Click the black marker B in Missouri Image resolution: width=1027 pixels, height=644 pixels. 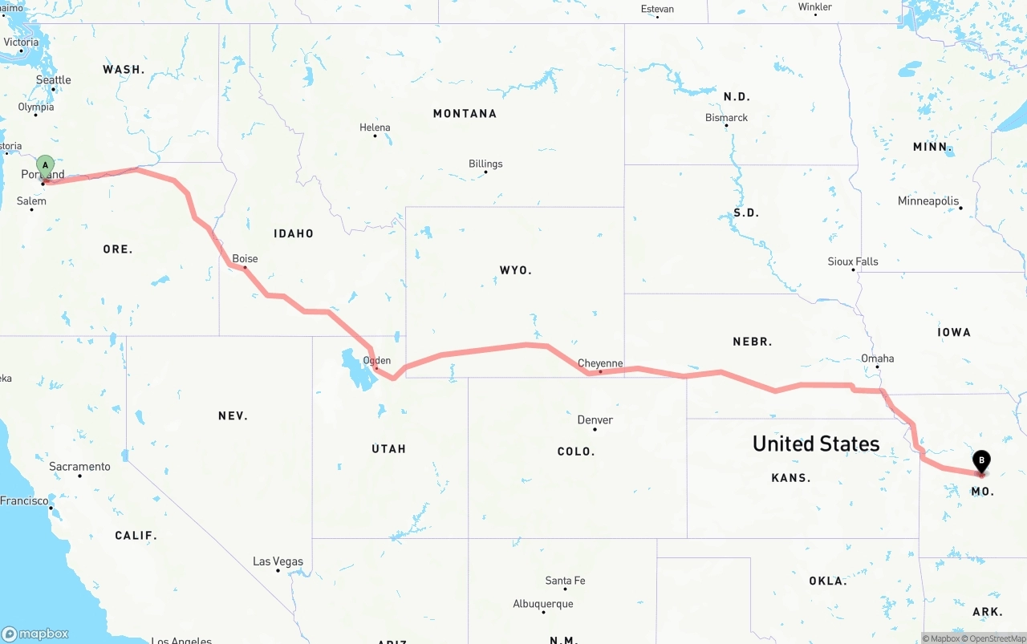(x=980, y=461)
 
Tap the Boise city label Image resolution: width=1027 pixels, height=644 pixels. (x=245, y=258)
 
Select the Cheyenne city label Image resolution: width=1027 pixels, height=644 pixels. (x=600, y=363)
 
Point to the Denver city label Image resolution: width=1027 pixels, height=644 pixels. (x=595, y=419)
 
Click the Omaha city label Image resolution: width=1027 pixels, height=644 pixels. (x=877, y=358)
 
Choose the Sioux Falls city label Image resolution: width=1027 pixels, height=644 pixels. (x=853, y=261)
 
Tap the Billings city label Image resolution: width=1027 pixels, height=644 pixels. (x=485, y=164)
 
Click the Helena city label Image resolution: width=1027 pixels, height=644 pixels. (x=375, y=128)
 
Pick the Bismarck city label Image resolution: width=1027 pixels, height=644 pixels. (x=726, y=118)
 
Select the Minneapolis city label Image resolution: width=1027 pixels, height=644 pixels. (x=928, y=201)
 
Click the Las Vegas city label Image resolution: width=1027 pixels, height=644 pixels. (x=278, y=561)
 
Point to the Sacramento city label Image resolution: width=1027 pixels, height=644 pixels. (x=79, y=466)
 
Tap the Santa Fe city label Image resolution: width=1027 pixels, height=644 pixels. (x=565, y=581)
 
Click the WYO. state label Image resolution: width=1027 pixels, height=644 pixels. (x=515, y=270)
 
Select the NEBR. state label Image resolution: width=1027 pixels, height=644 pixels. (x=752, y=342)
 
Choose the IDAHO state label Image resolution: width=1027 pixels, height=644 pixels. (x=294, y=233)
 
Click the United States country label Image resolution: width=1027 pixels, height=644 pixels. (x=815, y=444)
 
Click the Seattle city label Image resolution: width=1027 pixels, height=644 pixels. (x=54, y=80)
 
